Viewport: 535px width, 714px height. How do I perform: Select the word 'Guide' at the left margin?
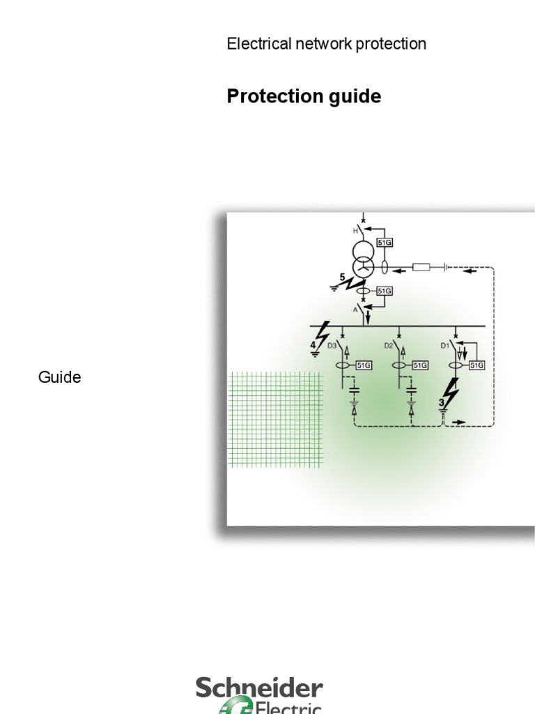coord(59,377)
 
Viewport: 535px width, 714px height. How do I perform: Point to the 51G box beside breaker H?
coord(384,242)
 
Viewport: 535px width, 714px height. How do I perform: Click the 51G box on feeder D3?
coord(363,365)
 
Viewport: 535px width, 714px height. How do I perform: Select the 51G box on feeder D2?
coord(419,365)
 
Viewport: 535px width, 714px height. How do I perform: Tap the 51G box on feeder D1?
coord(476,365)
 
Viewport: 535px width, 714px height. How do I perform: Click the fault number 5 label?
coord(342,278)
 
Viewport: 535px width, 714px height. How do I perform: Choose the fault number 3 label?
coord(442,402)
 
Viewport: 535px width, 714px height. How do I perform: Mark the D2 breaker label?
coord(389,345)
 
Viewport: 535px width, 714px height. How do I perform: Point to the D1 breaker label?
coord(444,345)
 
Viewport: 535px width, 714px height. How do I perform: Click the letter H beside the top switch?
coord(355,230)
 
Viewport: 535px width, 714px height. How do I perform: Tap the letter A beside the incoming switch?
coord(355,307)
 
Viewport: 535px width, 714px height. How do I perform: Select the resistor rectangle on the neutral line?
coord(421,266)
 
